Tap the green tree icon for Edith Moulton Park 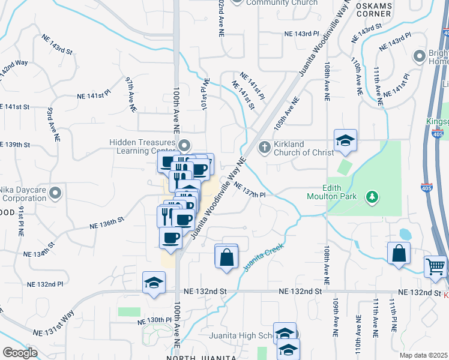(372, 196)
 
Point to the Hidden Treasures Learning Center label (142, 146)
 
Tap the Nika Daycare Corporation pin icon (56, 193)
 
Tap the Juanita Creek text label (262, 257)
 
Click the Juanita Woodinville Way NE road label (218, 198)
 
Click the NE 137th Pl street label (249, 191)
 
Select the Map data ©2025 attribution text (423, 355)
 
